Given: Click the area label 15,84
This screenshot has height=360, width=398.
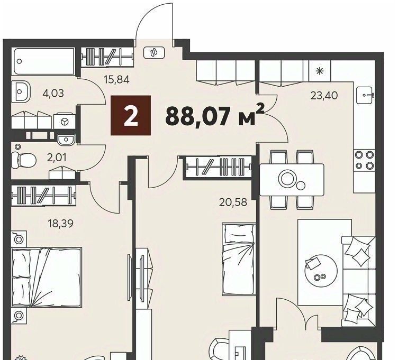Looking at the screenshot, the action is coord(117,80).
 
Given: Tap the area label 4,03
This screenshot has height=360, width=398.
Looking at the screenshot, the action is coord(53,94).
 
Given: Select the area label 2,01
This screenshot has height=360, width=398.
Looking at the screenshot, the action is coord(57,158).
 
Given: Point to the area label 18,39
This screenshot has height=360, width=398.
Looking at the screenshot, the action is coord(61,224).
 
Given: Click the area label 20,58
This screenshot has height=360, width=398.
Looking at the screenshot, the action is coord(233,202).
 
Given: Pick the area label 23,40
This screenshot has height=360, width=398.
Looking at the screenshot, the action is coord(324,96).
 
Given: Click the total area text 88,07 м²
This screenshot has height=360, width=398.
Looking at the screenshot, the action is coord(215,115).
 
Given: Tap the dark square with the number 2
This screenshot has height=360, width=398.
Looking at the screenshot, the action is coord(131,115).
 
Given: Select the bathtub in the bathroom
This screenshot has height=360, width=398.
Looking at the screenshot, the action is coord(43,61).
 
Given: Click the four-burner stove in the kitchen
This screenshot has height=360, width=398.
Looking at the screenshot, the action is coord(364,160).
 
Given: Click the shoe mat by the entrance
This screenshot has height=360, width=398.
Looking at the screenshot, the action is coord(154,52).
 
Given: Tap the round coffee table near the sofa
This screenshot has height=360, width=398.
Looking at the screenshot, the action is coord(321,271).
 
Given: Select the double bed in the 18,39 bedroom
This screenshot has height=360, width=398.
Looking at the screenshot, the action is coord(47,278).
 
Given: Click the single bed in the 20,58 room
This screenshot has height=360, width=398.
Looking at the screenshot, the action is coord(239,260).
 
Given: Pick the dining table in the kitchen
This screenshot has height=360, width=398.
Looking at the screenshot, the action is coord(292,180).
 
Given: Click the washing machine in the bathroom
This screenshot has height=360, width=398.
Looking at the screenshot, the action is coord(65,122).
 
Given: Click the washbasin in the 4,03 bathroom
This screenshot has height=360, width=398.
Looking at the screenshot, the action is coord(21,91).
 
